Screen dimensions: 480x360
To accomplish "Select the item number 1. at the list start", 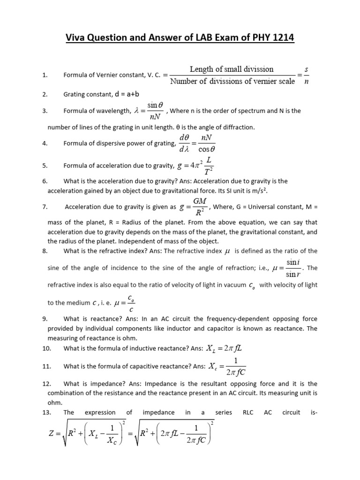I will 45,75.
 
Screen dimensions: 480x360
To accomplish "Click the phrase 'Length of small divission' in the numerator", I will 232,69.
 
